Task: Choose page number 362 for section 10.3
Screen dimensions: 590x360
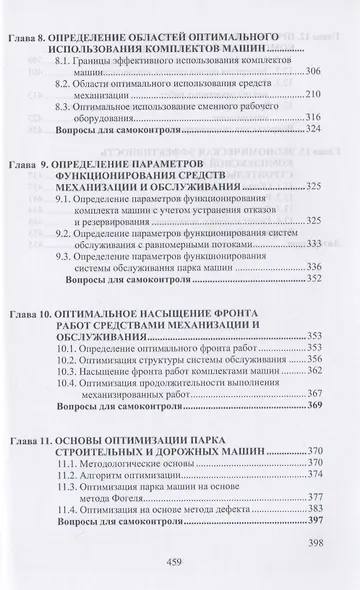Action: [321, 370]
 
